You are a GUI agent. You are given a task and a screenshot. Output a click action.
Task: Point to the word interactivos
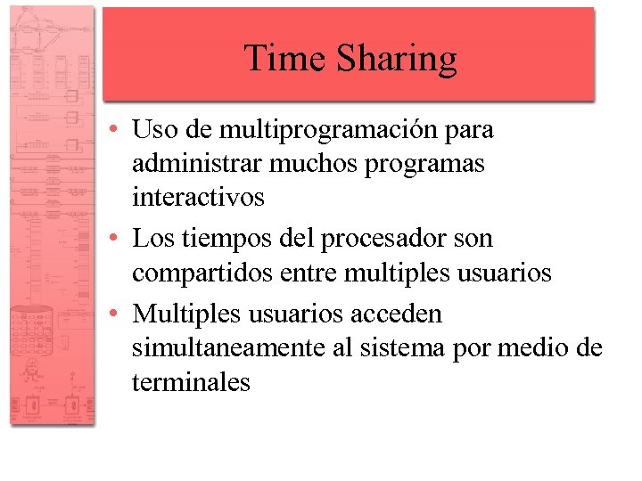(x=198, y=197)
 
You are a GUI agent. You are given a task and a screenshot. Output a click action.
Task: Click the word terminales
(x=191, y=382)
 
